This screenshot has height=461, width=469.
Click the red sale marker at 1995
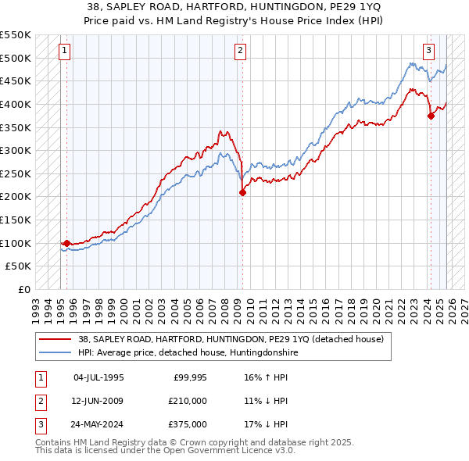pyautogui.click(x=66, y=243)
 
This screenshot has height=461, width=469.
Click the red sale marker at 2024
pyautogui.click(x=431, y=116)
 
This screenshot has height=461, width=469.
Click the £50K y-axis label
pyautogui.click(x=19, y=266)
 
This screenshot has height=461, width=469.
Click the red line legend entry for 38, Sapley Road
pyautogui.click(x=231, y=340)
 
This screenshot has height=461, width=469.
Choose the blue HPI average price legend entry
pyautogui.click(x=188, y=353)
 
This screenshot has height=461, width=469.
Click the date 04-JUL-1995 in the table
pyautogui.click(x=98, y=377)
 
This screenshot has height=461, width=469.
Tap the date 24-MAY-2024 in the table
pyautogui.click(x=98, y=424)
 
